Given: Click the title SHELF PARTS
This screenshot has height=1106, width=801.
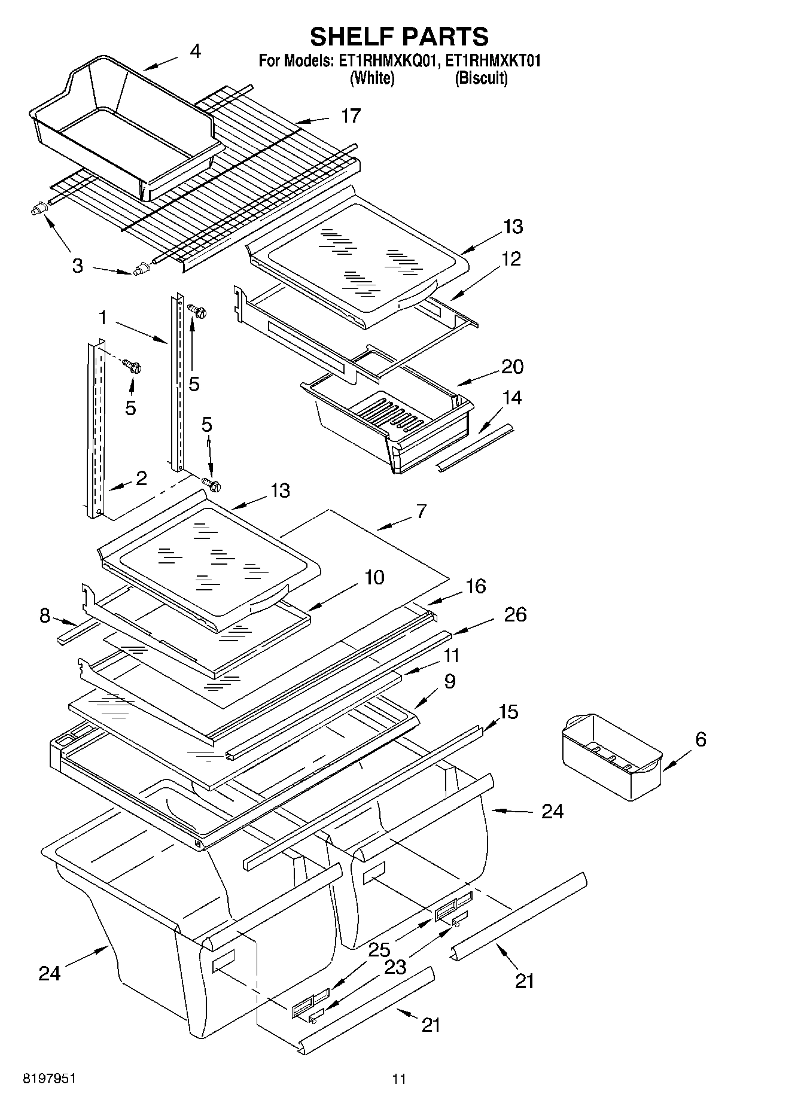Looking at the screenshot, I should pos(399,37).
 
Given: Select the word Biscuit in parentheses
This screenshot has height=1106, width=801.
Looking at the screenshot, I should pos(481,78).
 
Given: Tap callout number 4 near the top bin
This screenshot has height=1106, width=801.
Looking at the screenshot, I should pos(195,51).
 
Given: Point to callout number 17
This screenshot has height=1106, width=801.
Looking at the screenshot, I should pos(351,115).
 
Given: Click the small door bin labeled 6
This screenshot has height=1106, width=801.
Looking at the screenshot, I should pos(612,757).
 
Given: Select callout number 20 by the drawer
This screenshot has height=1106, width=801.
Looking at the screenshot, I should pos(513,366).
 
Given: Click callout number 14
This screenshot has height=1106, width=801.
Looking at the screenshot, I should pos(513,398).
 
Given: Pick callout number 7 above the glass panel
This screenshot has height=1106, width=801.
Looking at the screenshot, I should pos(421,511).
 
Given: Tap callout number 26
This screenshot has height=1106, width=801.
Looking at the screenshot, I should pos(515,614).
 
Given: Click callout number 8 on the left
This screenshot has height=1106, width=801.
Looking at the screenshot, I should pos(45,616).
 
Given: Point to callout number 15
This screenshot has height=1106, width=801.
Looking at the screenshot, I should pos(508,712).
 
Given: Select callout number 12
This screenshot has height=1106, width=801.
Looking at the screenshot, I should pos(511,259).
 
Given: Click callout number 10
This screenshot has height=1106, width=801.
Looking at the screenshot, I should pos(374,578).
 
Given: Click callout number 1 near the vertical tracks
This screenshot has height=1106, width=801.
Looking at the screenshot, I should pos(103,318).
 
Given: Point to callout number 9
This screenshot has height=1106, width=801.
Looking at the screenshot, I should pos(450,681).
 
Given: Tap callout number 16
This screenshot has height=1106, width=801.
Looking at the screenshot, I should pos(476,586).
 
